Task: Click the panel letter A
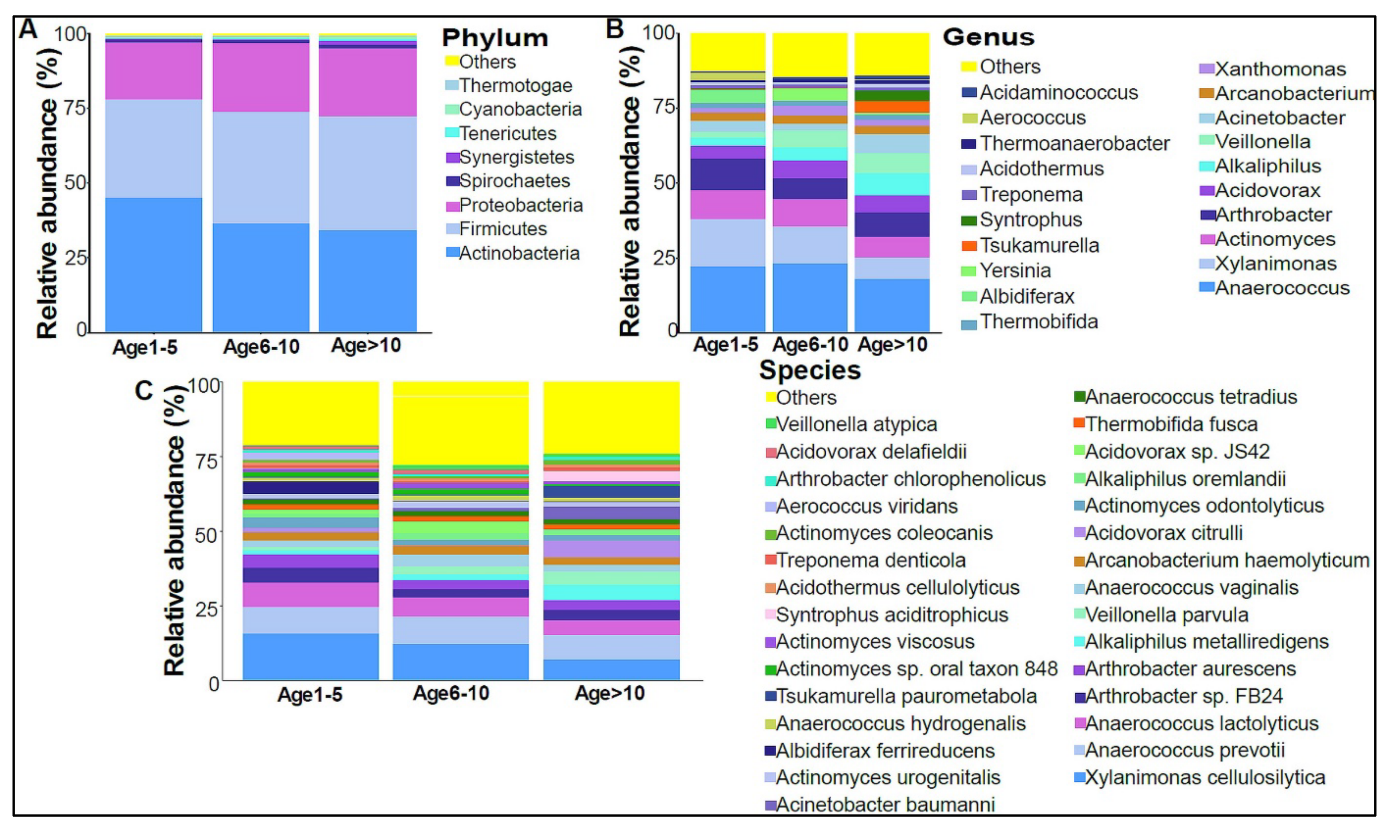click(27, 29)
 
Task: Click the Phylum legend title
click(495, 38)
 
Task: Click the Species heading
click(810, 370)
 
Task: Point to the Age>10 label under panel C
click(609, 693)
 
